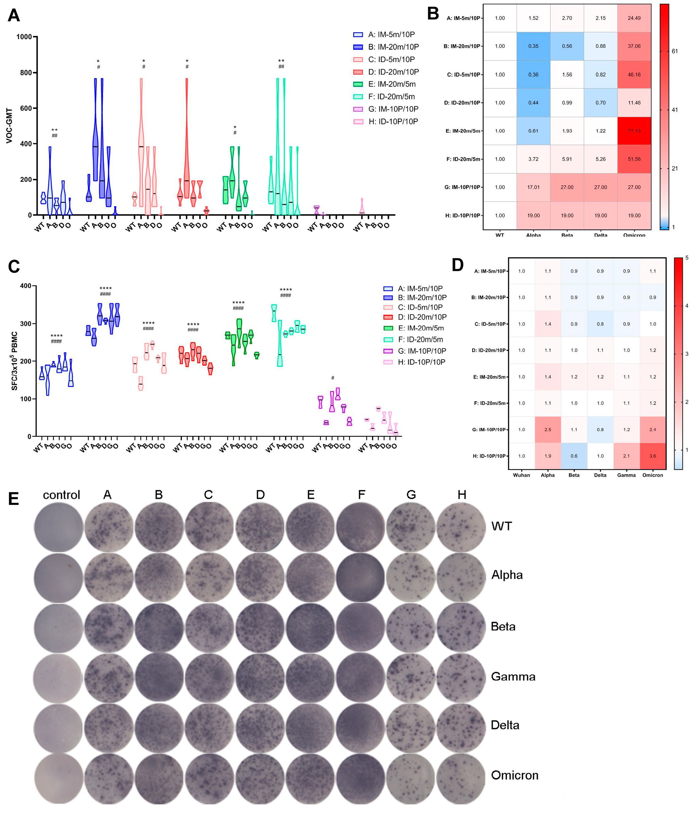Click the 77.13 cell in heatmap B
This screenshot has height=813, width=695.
tap(634, 131)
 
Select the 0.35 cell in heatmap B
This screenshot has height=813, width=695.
tap(533, 46)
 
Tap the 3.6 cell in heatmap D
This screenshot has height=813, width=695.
tap(652, 456)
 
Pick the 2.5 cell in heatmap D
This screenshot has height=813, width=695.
tap(548, 430)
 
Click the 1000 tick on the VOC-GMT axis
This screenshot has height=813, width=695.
tap(24, 37)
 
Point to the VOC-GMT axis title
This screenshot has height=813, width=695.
tap(9, 126)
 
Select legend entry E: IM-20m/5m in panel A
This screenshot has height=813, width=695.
tap(391, 84)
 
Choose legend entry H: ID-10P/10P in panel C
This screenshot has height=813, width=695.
tap(421, 362)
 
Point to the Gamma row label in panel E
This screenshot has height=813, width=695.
tap(513, 676)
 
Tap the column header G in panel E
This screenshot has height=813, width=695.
tap(411, 495)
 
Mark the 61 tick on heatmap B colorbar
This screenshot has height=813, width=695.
tap(674, 51)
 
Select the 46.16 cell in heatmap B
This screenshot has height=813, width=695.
tap(634, 74)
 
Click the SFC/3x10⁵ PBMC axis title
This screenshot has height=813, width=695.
tap(15, 361)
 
